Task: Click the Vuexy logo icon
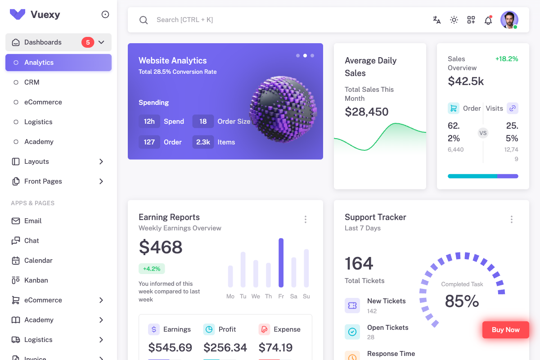click(x=18, y=14)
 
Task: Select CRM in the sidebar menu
click(x=32, y=82)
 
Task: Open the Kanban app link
click(x=36, y=280)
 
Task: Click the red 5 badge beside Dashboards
click(x=88, y=42)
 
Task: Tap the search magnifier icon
click(x=144, y=20)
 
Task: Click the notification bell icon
click(x=488, y=20)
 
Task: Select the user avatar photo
click(x=509, y=20)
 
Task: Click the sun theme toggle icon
click(x=454, y=20)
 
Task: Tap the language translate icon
click(x=436, y=20)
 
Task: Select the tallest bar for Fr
click(x=281, y=263)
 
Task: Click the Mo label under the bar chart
click(x=230, y=296)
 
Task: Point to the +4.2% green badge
click(x=152, y=269)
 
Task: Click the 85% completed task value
click(x=462, y=301)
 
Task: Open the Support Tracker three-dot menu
click(x=512, y=220)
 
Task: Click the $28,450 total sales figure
click(x=366, y=112)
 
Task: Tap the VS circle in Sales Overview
click(x=483, y=133)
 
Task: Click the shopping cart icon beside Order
click(x=454, y=108)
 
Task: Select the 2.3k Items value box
click(x=203, y=142)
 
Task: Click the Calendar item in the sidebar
click(x=38, y=261)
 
